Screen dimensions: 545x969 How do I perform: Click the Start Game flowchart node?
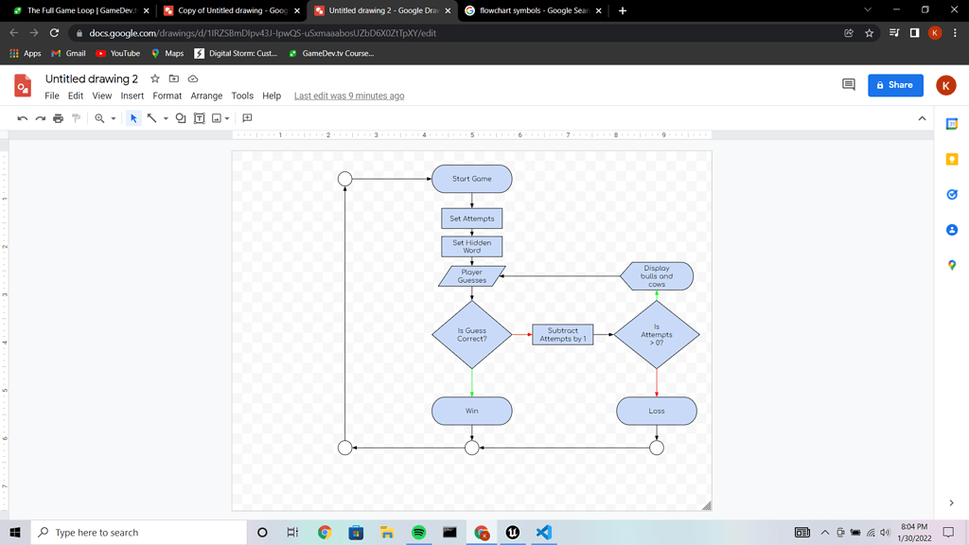click(471, 179)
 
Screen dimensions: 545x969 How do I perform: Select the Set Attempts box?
click(471, 219)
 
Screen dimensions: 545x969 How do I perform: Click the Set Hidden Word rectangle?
click(471, 246)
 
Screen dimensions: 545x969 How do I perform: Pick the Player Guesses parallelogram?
click(471, 276)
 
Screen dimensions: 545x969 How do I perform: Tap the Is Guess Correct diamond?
click(471, 335)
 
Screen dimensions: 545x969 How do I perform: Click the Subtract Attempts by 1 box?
click(562, 335)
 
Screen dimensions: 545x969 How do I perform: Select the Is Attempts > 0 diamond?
click(657, 335)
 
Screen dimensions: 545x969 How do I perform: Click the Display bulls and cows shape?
click(657, 276)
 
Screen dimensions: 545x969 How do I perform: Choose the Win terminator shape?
click(471, 411)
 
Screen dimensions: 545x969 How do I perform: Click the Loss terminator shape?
click(657, 411)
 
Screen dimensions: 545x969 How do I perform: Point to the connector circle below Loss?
click(657, 448)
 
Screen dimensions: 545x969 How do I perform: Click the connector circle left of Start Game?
click(345, 179)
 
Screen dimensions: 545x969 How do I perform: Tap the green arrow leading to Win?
click(472, 382)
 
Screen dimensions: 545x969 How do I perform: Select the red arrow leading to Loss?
click(657, 382)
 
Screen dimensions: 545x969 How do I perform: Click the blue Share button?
click(895, 85)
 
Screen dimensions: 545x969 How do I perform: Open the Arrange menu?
click(206, 96)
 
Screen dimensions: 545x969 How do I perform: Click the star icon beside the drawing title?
click(155, 79)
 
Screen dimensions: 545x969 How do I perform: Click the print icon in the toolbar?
click(58, 118)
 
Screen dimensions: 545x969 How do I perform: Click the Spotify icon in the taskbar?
click(418, 533)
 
